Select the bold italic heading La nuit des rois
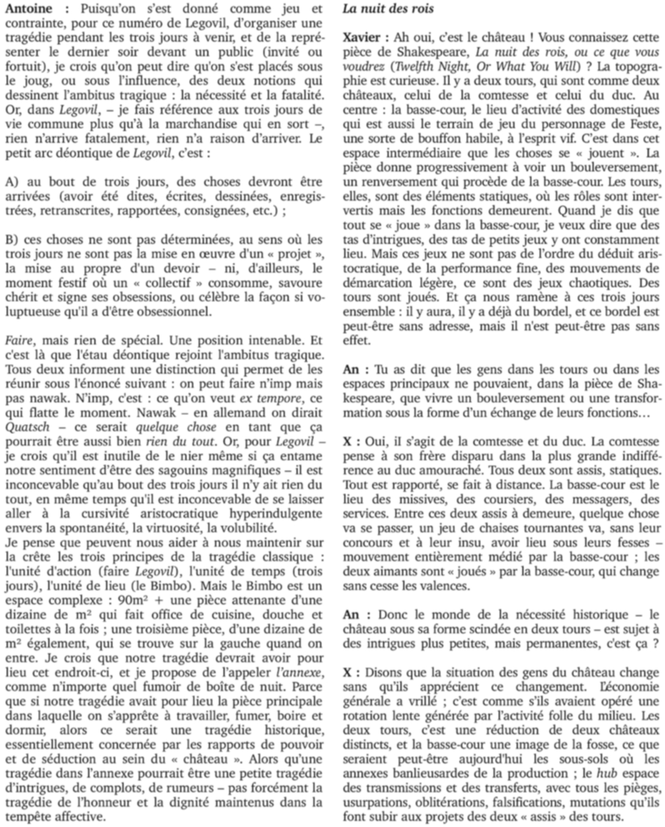click(x=388, y=10)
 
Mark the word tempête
click(x=25, y=817)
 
